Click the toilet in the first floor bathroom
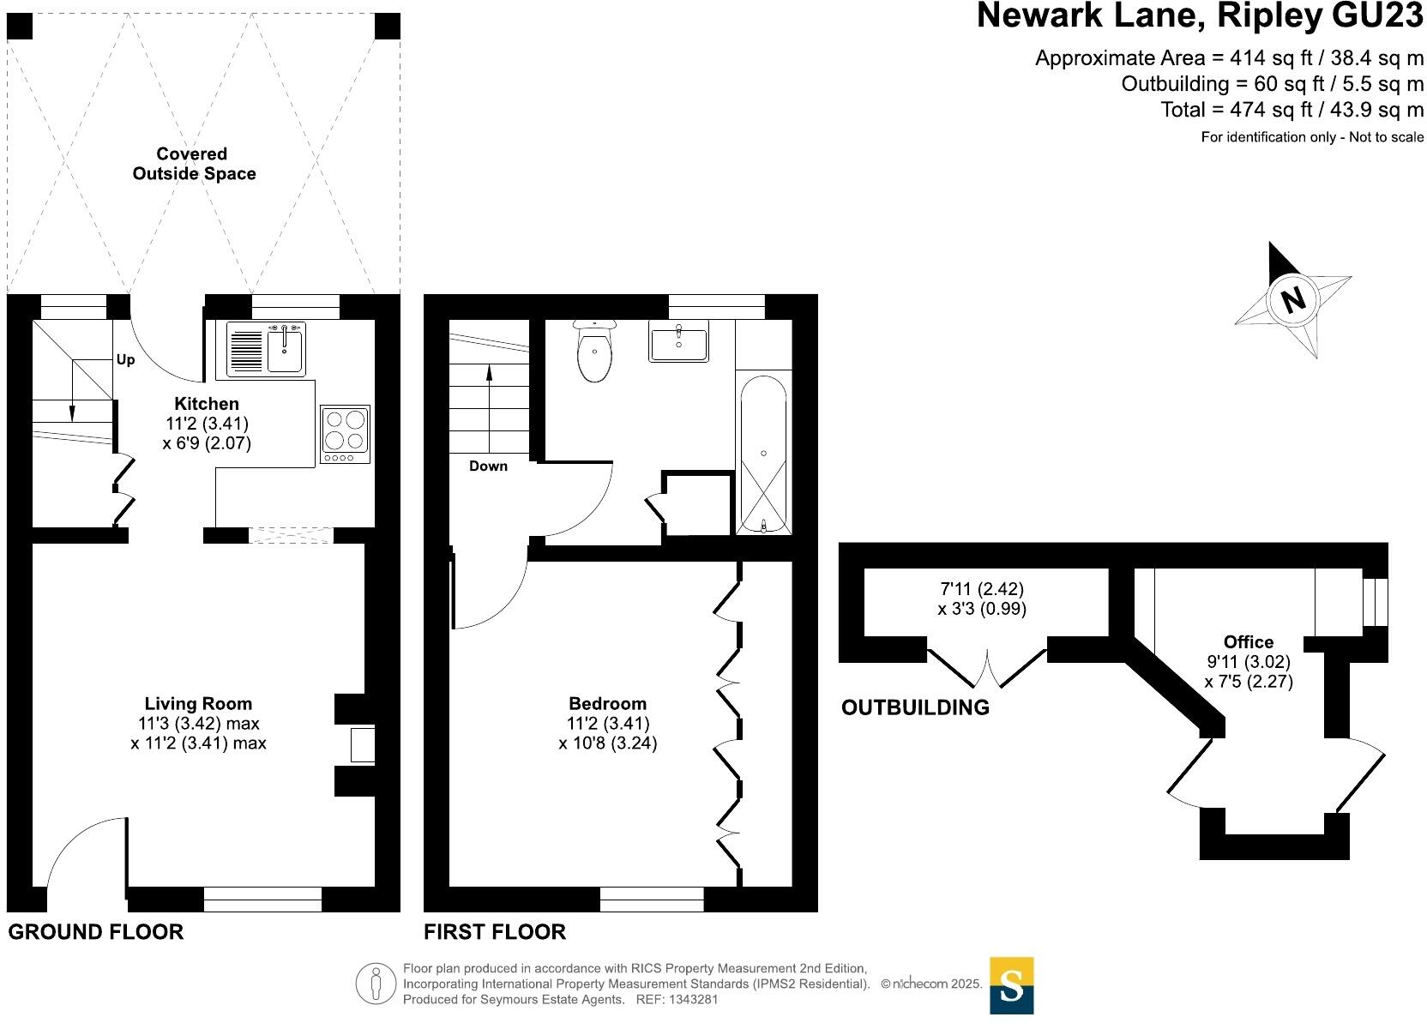coord(595,352)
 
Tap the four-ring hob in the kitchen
coord(345,434)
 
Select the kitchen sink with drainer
coord(265,350)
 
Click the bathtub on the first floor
coord(763,454)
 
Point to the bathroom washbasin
coord(678,342)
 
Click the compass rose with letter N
coord(1292,299)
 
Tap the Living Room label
coord(198,704)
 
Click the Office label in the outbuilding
coord(1248,641)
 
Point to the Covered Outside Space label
coord(193,164)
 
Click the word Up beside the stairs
coord(125,360)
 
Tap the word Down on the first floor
coord(488,466)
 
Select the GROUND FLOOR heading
coord(95,932)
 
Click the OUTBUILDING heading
coord(915,707)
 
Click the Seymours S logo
coord(1011,985)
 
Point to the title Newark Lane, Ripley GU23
coord(1200,17)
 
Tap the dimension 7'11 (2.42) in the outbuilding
coord(982,589)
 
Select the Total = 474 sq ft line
coord(1292,110)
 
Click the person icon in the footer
coord(376,984)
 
